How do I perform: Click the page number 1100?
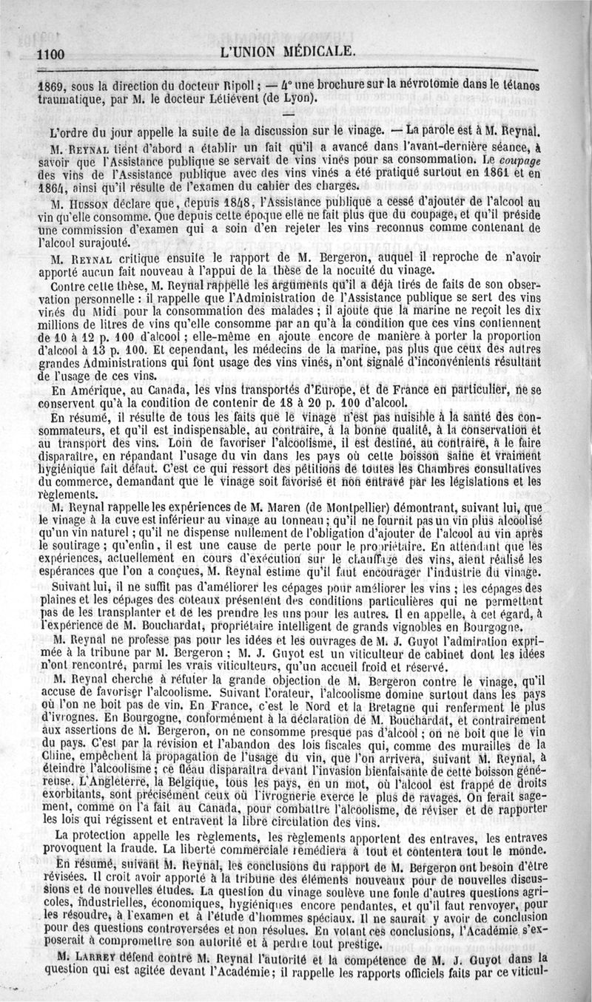51,54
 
